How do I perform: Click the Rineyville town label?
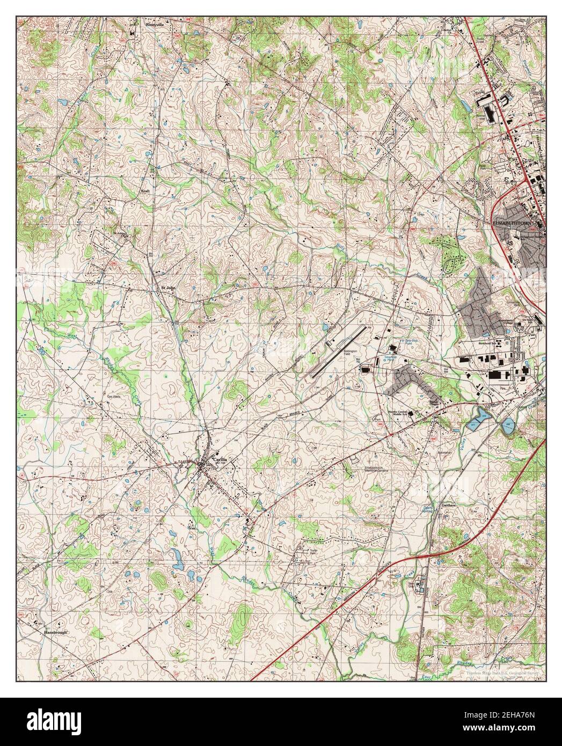(x=142, y=24)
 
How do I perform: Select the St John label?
(x=169, y=288)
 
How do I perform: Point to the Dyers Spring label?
(x=428, y=508)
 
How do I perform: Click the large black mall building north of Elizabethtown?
(x=490, y=113)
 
